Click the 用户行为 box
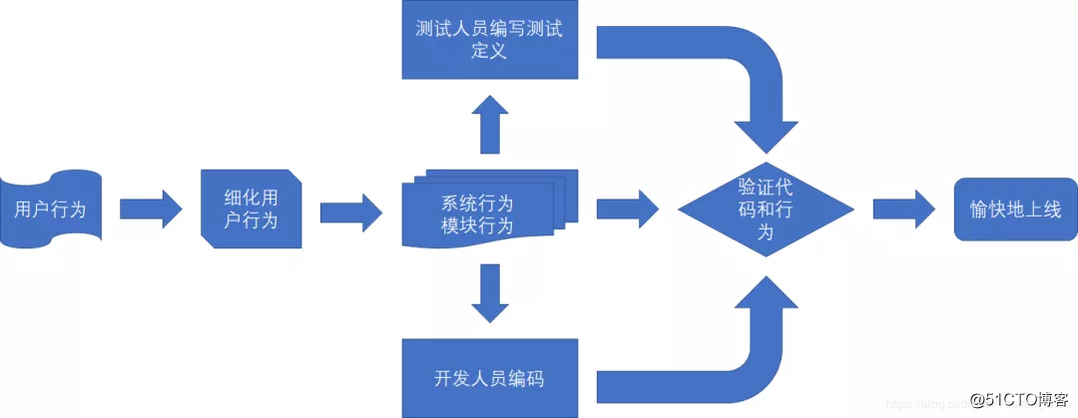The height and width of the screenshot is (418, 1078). pos(50,209)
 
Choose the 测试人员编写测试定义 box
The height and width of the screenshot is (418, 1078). pos(489,39)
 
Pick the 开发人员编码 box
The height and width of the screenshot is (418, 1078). pos(489,378)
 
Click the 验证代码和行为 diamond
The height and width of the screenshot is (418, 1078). pos(766,209)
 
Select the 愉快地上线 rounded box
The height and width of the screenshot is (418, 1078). pos(1016,209)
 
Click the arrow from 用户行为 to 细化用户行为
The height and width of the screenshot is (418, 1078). pos(151,209)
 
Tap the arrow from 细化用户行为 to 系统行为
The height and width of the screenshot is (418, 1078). pos(350,211)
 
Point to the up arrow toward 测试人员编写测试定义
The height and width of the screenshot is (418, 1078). pos(489,124)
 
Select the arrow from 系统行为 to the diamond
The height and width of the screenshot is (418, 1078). pos(627,209)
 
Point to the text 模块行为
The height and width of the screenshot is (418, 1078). pos(477,226)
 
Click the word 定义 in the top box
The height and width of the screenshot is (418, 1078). pos(489,51)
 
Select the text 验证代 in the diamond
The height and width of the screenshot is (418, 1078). pos(766,186)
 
